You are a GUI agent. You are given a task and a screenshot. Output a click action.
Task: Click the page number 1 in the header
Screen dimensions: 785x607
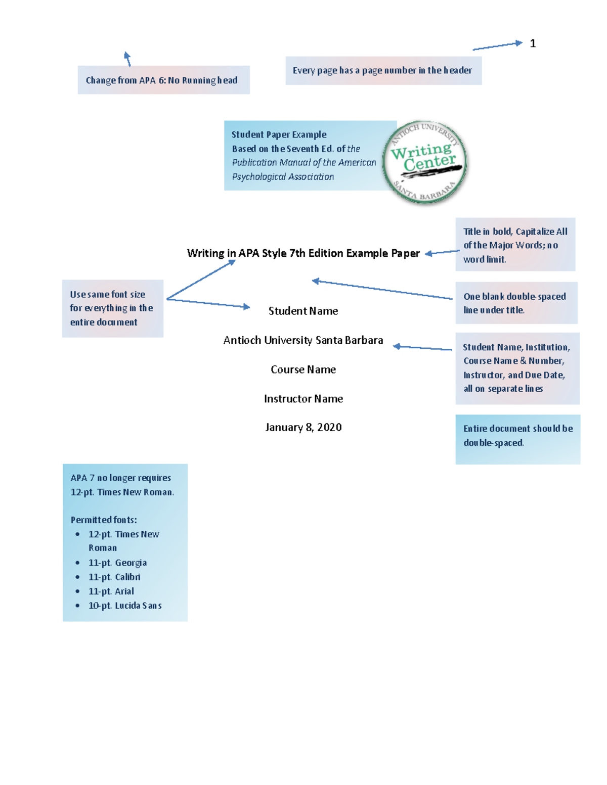pos(533,43)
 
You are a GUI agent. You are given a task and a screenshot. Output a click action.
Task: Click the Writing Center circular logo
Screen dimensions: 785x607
pos(425,162)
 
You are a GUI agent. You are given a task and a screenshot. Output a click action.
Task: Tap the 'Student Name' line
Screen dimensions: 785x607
pos(303,311)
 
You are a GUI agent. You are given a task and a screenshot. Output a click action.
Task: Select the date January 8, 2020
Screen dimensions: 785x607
pos(303,428)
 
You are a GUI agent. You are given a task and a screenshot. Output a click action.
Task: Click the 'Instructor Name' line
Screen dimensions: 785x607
pos(303,399)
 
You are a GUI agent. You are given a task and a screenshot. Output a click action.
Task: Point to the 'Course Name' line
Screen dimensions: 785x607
pos(303,370)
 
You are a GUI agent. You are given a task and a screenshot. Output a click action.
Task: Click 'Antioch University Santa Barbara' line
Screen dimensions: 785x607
pos(303,340)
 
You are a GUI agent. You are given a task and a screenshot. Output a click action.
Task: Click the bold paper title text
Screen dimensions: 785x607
pos(303,253)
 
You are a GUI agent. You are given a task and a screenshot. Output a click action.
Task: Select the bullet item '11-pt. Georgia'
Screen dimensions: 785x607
pos(117,563)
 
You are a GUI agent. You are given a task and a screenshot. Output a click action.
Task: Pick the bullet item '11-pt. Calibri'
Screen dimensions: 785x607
pos(114,577)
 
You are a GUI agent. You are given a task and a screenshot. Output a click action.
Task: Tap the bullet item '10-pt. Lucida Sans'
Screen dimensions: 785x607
pos(125,606)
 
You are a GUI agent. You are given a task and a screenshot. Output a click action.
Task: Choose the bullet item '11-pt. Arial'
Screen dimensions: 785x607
pos(111,591)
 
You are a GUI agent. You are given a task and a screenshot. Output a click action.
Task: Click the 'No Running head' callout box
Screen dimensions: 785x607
pos(163,80)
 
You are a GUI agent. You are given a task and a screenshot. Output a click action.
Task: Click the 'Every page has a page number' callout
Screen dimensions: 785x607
pos(383,70)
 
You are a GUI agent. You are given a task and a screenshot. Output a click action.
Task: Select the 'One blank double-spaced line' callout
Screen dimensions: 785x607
pos(516,303)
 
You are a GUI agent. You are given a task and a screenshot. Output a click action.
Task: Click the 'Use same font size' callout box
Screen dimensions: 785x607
pos(112,308)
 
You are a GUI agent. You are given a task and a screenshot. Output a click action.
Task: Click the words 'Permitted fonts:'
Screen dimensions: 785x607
pos(104,520)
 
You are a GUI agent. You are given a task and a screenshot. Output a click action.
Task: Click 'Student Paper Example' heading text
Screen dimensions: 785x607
pos(279,134)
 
